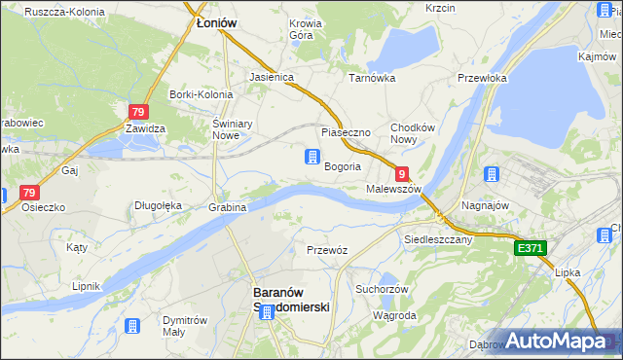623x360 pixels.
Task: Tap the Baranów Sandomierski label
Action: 291,299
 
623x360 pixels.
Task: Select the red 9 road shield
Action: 401,172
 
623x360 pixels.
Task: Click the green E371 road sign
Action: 531,249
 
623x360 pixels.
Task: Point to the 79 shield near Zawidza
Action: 137,112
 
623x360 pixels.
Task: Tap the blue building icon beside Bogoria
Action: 311,157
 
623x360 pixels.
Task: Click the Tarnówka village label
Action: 371,76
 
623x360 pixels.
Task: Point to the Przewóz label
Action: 327,250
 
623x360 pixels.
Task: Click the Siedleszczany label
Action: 438,238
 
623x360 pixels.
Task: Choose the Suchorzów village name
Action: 380,289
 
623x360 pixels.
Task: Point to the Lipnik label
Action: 86,287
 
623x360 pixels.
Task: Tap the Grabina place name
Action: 227,207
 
